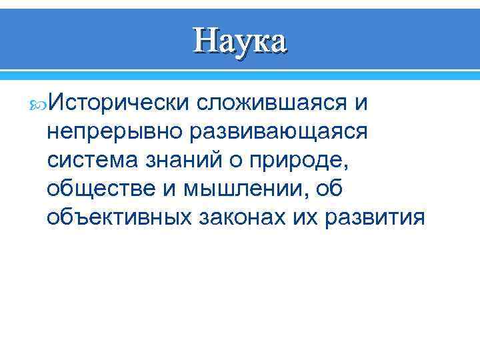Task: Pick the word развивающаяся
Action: pyautogui.click(x=279, y=131)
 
